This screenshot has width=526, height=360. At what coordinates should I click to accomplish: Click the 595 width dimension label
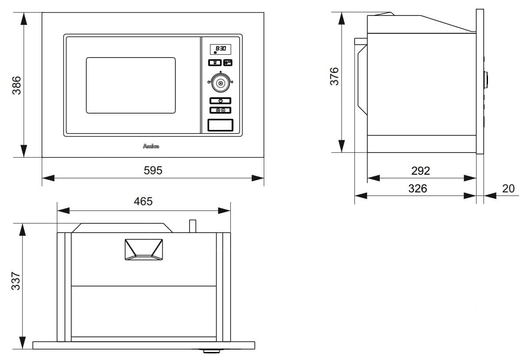(153, 170)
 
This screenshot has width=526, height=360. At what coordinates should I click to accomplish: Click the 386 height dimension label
(16, 85)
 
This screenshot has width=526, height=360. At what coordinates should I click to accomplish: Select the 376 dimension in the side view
(334, 76)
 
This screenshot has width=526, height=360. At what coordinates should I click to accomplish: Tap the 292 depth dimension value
(420, 170)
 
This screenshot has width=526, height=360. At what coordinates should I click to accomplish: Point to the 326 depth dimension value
(417, 188)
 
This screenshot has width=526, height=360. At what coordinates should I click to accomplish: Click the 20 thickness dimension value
(508, 188)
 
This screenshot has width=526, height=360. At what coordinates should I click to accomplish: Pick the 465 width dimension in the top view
(143, 201)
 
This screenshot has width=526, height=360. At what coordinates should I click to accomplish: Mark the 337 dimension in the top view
(16, 281)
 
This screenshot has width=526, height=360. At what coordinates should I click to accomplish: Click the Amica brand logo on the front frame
(151, 146)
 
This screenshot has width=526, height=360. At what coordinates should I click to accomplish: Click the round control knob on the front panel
(220, 83)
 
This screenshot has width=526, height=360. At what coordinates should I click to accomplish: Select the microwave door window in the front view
(130, 85)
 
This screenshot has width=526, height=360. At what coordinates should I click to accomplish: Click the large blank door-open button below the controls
(220, 125)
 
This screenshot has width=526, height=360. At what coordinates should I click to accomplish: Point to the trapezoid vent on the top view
(144, 249)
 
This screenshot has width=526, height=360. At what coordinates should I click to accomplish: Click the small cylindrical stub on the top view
(192, 226)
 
